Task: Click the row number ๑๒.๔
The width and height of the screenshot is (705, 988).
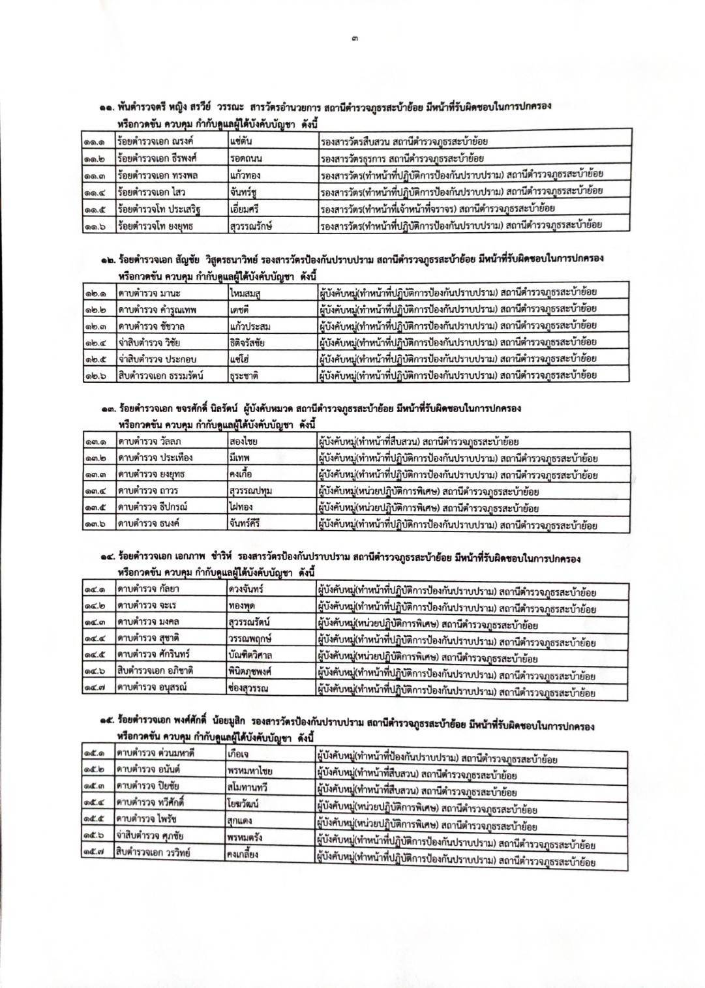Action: tap(98, 342)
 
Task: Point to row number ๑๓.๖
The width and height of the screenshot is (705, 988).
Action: tap(98, 524)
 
